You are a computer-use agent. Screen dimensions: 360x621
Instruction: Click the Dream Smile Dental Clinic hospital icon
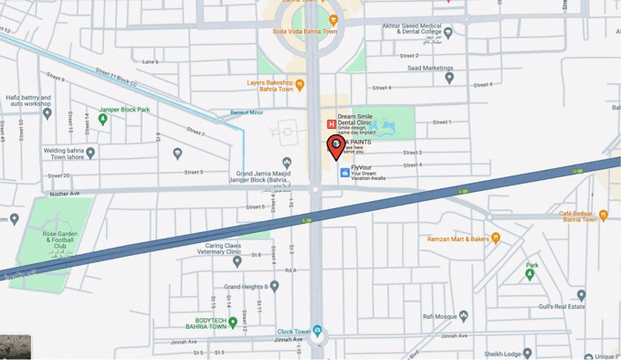pyautogui.click(x=332, y=124)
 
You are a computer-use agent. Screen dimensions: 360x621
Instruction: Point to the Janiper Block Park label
pyautogui.click(x=124, y=110)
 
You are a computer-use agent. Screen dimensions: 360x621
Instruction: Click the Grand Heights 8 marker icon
pyautogui.click(x=274, y=286)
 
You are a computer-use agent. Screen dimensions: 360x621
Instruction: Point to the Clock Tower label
pyautogui.click(x=294, y=332)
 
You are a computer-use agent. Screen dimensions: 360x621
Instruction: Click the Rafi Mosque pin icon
pyautogui.click(x=464, y=317)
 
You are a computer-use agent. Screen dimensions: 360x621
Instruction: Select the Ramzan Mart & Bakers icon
pyautogui.click(x=496, y=238)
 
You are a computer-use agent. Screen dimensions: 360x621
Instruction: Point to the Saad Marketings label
pyautogui.click(x=431, y=68)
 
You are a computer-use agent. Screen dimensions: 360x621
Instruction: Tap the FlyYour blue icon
pyautogui.click(x=344, y=172)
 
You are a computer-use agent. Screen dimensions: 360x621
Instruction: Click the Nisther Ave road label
pyautogui.click(x=65, y=193)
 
